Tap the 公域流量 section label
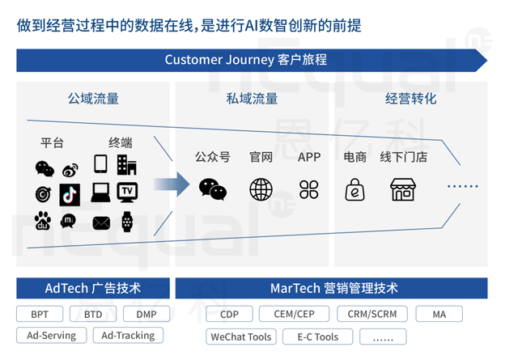pyautogui.click(x=93, y=99)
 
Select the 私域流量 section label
pyautogui.click(x=252, y=99)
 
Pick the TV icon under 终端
pyautogui.click(x=127, y=192)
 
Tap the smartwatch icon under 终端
pyautogui.click(x=127, y=220)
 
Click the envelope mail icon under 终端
pyautogui.click(x=101, y=221)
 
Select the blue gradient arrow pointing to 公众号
pyautogui.click(x=172, y=185)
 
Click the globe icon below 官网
pyautogui.click(x=261, y=189)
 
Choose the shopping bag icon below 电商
pyautogui.click(x=355, y=189)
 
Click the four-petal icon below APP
pyautogui.click(x=309, y=189)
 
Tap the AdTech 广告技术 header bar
pyautogui.click(x=91, y=289)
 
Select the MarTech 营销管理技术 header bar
pyautogui.click(x=333, y=289)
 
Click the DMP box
pyautogui.click(x=146, y=314)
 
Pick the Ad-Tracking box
pyautogui.click(x=129, y=335)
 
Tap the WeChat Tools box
pyautogui.click(x=240, y=337)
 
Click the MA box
pyautogui.click(x=439, y=314)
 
